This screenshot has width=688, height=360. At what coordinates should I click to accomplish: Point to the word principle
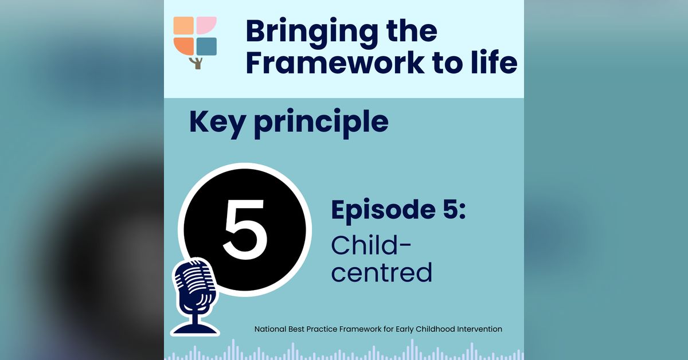pos(321,123)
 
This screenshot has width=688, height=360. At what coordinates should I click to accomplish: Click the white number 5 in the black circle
pos(245,229)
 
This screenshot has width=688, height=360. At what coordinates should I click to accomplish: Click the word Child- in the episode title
pos(371,245)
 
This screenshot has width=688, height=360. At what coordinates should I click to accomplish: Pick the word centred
pos(382,272)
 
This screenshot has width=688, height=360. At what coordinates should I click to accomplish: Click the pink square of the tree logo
pos(206,25)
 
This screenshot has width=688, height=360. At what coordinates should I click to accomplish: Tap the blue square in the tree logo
pos(206,46)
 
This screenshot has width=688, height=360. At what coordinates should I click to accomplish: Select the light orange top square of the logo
pos(183,25)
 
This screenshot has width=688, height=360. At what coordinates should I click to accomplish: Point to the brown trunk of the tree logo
pos(197,63)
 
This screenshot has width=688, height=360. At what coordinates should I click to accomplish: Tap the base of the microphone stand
pos(196,329)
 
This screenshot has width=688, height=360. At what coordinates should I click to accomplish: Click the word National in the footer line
pos(270,329)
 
